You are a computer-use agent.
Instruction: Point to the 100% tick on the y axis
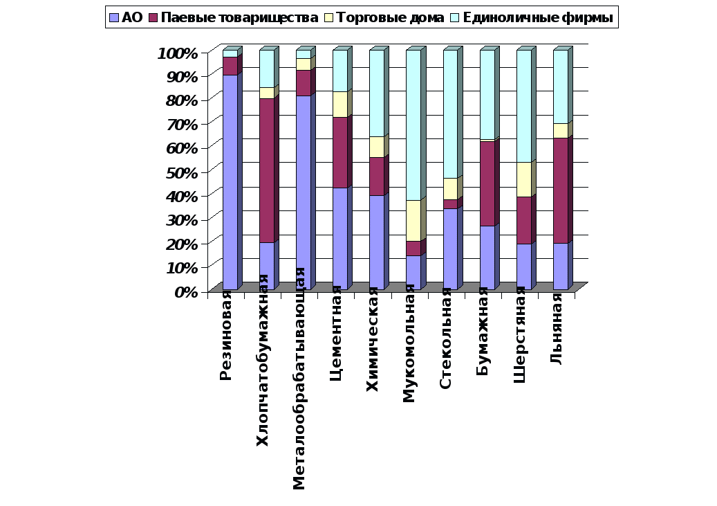[178, 53]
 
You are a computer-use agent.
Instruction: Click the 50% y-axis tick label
[181, 172]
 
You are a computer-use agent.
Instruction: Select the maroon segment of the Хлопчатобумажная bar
[267, 170]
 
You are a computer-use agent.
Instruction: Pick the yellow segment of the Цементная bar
[340, 104]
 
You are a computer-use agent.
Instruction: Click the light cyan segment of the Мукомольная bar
[413, 125]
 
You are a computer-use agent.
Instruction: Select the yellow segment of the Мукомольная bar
[413, 220]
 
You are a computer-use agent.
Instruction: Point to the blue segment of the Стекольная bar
[450, 249]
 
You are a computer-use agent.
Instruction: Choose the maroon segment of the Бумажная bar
[487, 183]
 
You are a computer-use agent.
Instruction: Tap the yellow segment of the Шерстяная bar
[523, 179]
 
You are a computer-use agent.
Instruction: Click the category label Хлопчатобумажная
[263, 360]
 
